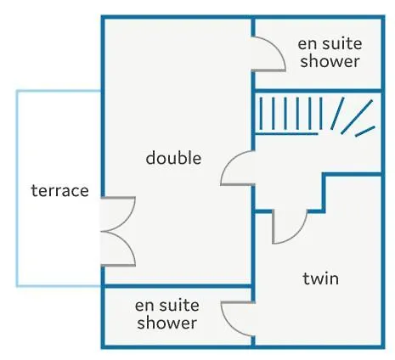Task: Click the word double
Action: (x=173, y=158)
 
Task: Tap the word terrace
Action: (x=59, y=190)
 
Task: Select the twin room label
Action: (x=320, y=278)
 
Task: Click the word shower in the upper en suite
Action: (x=330, y=61)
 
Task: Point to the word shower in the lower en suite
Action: (x=167, y=323)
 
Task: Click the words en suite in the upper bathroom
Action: (x=330, y=44)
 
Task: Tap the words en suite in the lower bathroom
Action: (x=167, y=306)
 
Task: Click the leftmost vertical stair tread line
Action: (x=261, y=113)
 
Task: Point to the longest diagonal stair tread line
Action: (x=357, y=116)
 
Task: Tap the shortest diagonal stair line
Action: (x=365, y=132)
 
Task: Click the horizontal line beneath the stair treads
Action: (x=286, y=133)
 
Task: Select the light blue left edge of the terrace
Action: (x=17, y=188)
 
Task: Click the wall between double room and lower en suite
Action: (x=177, y=286)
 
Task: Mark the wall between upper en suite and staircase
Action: (x=319, y=91)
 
